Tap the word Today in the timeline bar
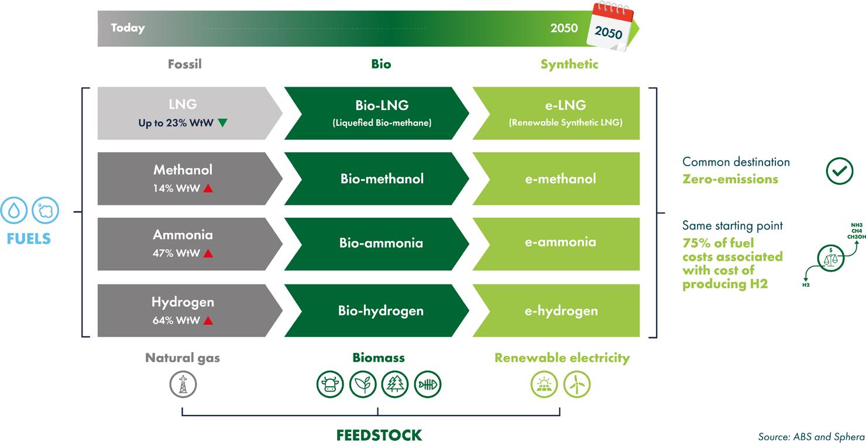pyautogui.click(x=128, y=28)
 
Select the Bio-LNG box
pyautogui.click(x=381, y=114)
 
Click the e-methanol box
pyautogui.click(x=561, y=179)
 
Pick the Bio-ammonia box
pyautogui.click(x=381, y=243)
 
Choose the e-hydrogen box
pyautogui.click(x=561, y=310)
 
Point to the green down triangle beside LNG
pyautogui.click(x=222, y=123)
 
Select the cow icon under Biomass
pyautogui.click(x=331, y=385)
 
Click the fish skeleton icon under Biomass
pyautogui.click(x=428, y=385)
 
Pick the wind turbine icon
pyautogui.click(x=577, y=385)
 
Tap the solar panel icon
pyautogui.click(x=544, y=385)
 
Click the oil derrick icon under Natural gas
pyautogui.click(x=183, y=385)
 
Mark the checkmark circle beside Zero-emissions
pyautogui.click(x=840, y=170)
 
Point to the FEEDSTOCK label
pyautogui.click(x=379, y=435)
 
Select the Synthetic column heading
pyautogui.click(x=569, y=64)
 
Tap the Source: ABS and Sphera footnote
pyautogui.click(x=811, y=437)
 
